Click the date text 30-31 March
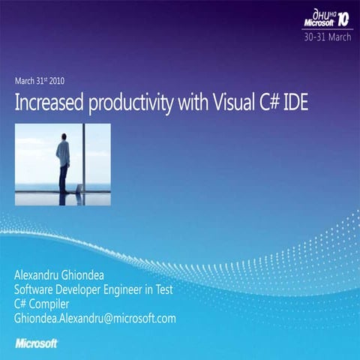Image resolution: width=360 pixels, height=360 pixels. pos(325,35)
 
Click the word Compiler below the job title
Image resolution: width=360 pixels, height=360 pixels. pos(52,304)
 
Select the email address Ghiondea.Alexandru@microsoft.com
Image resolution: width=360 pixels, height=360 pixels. pos(95,318)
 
